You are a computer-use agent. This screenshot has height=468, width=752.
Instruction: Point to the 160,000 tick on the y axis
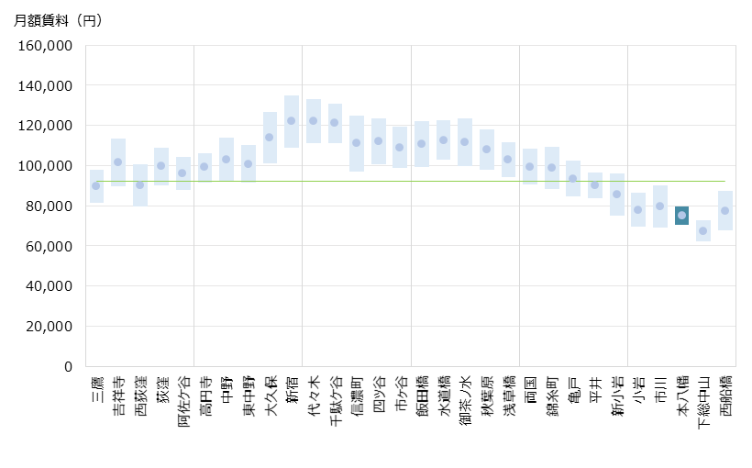click(x=47, y=45)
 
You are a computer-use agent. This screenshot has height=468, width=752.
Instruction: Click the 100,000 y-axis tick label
click(x=47, y=165)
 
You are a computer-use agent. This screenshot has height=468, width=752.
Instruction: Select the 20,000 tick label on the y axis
click(x=50, y=326)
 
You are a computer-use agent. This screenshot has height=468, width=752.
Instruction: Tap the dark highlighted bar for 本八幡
click(x=681, y=216)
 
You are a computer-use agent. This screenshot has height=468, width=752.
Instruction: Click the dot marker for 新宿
click(x=291, y=120)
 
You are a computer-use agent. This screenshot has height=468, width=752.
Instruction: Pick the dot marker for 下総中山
click(x=703, y=230)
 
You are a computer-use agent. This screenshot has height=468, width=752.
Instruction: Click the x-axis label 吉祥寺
click(x=118, y=396)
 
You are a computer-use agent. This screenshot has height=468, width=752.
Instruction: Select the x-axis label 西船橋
click(x=725, y=396)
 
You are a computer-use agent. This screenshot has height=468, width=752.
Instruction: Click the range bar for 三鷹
click(x=96, y=185)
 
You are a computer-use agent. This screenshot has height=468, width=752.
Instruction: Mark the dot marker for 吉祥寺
click(x=118, y=162)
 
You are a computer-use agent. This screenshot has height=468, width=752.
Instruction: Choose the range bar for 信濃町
click(x=357, y=143)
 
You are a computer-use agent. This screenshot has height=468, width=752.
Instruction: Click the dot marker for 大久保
click(x=270, y=138)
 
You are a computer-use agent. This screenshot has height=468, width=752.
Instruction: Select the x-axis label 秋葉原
click(x=486, y=396)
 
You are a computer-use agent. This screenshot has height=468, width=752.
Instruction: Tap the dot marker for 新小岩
click(x=616, y=194)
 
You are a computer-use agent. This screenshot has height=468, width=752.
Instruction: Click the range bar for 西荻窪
click(x=140, y=185)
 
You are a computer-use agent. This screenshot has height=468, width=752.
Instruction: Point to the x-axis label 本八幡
click(x=681, y=396)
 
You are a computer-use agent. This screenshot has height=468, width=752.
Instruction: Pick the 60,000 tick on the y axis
click(x=50, y=246)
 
